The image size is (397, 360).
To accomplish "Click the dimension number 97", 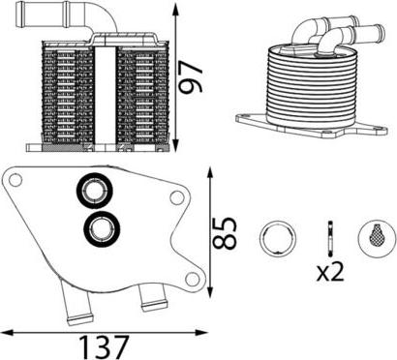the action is click(x=192, y=76).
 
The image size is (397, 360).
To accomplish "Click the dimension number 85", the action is click(x=225, y=233).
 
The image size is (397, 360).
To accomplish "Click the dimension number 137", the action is click(x=104, y=347).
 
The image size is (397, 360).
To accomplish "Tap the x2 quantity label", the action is click(x=330, y=272).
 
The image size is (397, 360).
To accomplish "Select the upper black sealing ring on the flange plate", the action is click(x=95, y=191).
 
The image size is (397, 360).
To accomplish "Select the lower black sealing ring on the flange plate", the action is click(x=102, y=228).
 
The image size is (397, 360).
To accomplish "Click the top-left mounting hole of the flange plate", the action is click(x=15, y=180).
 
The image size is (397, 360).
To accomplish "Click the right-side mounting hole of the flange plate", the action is click(x=176, y=197).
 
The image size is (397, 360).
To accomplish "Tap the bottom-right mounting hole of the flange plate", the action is click(x=193, y=279).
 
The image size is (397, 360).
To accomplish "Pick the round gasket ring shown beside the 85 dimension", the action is click(x=278, y=239).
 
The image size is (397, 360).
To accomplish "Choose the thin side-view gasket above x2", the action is click(x=330, y=239).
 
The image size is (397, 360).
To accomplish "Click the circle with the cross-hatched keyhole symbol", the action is click(x=377, y=239).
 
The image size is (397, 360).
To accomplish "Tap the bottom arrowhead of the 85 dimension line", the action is click(x=210, y=292).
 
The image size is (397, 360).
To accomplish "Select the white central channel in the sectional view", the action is click(x=106, y=96).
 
